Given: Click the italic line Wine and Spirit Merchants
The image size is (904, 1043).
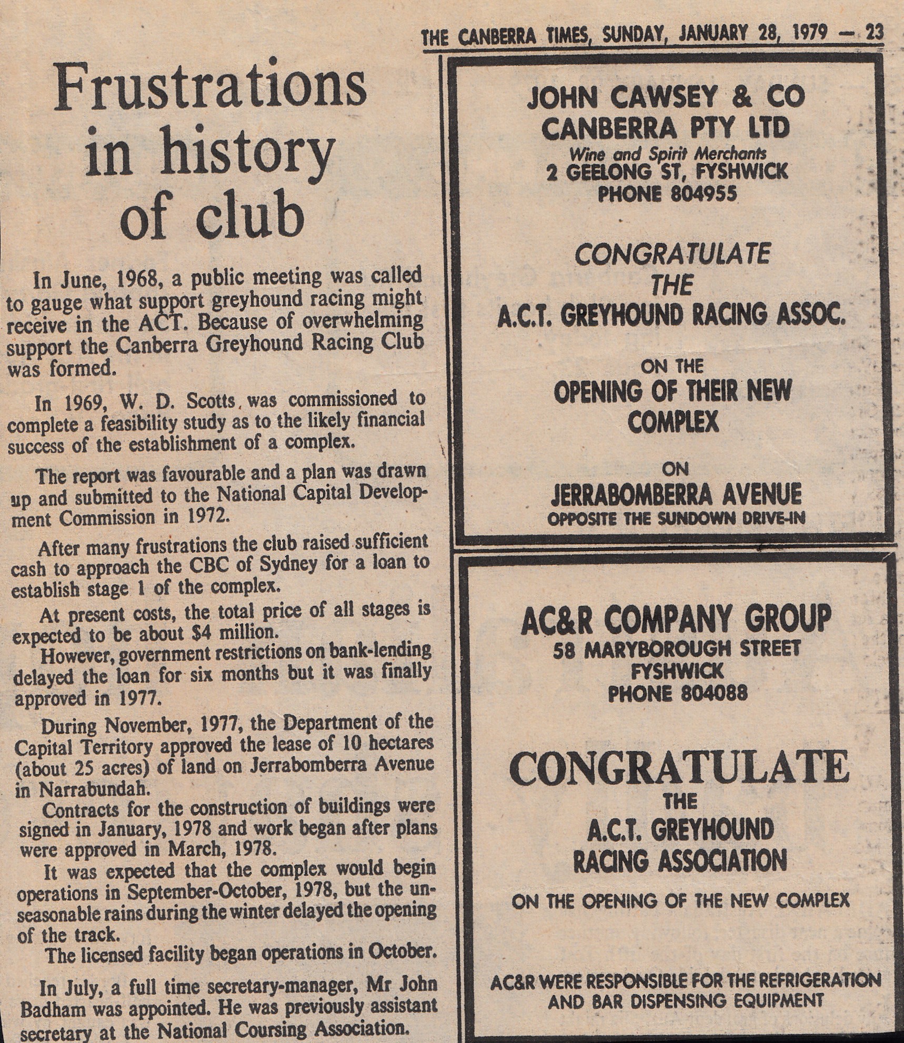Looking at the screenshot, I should (667, 154).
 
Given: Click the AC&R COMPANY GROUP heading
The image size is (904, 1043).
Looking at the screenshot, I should (676, 619).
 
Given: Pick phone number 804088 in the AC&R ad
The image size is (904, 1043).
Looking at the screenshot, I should (714, 694).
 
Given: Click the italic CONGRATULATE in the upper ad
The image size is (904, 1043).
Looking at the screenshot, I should (672, 255).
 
